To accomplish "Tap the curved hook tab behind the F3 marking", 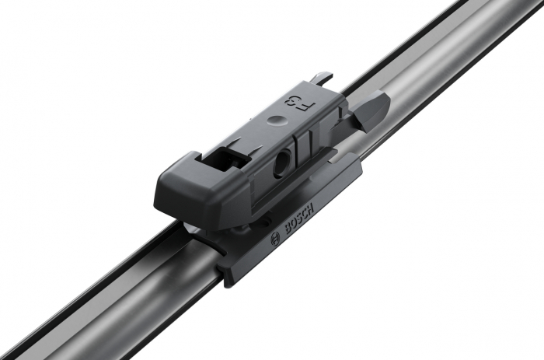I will (x=321, y=79).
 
